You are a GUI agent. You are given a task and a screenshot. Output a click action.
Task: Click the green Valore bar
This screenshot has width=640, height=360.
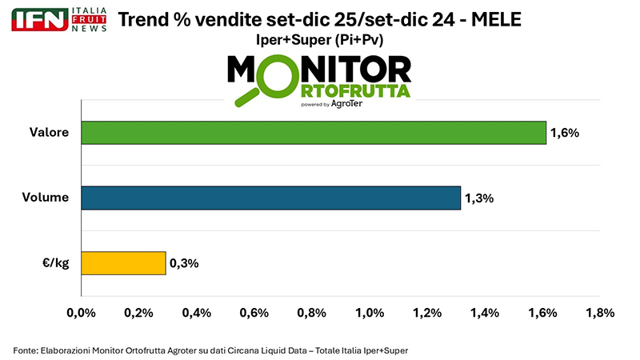[x=313, y=133]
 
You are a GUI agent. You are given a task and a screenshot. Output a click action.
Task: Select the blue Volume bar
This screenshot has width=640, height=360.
[x=270, y=198]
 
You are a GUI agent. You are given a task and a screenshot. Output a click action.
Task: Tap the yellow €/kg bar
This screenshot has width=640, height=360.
[x=122, y=263]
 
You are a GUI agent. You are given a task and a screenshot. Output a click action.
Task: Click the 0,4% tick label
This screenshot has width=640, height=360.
[x=196, y=313]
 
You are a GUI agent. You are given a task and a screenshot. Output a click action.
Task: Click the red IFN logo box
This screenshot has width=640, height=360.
[x=39, y=19]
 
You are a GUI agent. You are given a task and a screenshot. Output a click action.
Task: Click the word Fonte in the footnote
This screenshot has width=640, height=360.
[x=26, y=350]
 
